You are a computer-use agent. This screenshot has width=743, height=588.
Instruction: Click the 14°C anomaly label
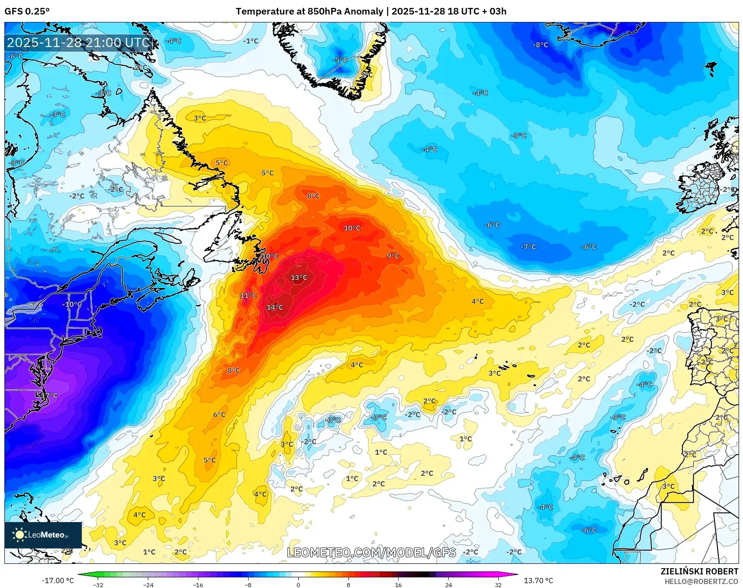[275, 307]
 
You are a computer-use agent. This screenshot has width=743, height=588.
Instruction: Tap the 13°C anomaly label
[299, 277]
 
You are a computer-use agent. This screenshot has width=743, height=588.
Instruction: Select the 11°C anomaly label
[248, 295]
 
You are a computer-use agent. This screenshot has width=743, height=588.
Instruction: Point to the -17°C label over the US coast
[49, 395]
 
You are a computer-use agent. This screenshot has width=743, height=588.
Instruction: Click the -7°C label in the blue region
[528, 247]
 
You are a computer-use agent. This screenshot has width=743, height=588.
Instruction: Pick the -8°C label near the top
[540, 45]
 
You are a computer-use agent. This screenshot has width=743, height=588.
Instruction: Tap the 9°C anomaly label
[393, 256]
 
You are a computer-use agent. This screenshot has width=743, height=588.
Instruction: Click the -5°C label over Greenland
[340, 60]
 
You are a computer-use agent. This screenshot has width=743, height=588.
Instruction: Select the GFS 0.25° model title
[27, 11]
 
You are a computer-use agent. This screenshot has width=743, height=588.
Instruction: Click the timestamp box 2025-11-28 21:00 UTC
[79, 43]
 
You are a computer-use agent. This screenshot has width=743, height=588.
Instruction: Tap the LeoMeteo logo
[43, 535]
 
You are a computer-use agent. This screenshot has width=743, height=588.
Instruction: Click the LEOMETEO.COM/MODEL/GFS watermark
[371, 552]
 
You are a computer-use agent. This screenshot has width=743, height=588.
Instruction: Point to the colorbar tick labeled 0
[298, 584]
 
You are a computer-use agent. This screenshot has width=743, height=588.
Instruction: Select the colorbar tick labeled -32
[99, 584]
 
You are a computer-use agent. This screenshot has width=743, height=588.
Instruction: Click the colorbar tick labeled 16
[398, 584]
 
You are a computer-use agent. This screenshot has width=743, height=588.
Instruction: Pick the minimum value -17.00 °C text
[58, 581]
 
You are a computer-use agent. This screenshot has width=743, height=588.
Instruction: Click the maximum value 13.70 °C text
[538, 581]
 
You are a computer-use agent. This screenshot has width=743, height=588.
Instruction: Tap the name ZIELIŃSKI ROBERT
[699, 571]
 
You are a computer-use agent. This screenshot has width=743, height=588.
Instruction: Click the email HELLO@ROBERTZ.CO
[701, 581]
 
